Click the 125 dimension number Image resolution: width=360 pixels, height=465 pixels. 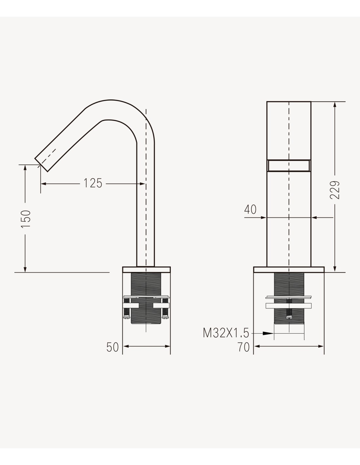[x=93, y=183]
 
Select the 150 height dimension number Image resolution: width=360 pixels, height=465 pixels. [x=26, y=219]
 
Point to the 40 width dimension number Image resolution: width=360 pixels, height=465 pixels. [x=250, y=210]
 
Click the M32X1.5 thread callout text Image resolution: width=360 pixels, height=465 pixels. [x=226, y=333]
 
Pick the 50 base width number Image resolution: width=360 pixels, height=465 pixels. [x=113, y=347]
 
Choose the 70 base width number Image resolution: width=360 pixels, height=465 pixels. [x=243, y=347]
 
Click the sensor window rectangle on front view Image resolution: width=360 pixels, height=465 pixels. [x=289, y=165]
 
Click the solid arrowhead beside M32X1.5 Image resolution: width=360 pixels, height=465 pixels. [x=268, y=333]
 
